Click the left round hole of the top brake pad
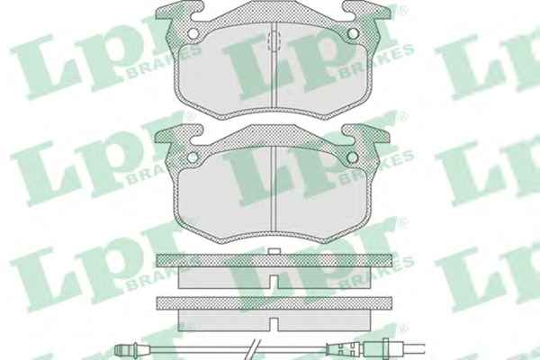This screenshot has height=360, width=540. point(193,33)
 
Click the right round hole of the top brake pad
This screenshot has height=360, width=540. point(353,33)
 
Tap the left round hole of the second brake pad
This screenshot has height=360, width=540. point(193,157)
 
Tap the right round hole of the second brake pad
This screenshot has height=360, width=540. point(353,157)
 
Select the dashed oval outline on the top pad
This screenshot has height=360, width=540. point(273,41)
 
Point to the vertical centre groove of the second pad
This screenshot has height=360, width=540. point(273,188)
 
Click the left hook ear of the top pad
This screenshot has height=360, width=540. point(179,11)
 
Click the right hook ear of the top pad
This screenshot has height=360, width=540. point(366,11)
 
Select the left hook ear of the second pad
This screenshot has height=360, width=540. point(178,135)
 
